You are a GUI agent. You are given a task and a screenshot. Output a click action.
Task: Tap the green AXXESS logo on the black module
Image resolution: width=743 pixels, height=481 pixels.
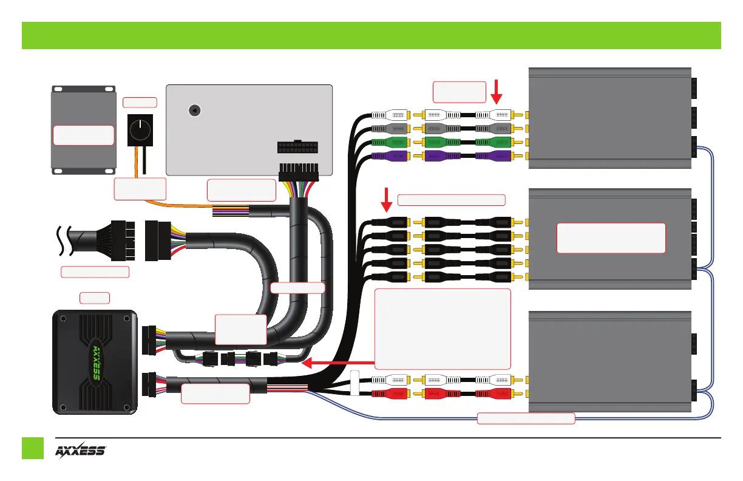[97, 363]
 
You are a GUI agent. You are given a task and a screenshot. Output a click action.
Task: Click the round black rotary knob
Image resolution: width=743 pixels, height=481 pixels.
[140, 129]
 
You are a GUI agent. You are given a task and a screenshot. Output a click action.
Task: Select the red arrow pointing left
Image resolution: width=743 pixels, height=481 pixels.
[338, 363]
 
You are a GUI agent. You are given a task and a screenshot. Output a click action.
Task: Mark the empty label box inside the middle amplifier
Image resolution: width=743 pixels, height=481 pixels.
[611, 237]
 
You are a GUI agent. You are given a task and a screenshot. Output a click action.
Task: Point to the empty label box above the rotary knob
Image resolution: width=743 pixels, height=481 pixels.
[140, 103]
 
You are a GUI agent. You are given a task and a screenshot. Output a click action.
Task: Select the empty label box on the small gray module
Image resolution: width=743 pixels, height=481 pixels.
[84, 135]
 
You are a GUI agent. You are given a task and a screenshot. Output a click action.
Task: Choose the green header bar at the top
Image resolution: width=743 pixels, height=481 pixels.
[371, 35]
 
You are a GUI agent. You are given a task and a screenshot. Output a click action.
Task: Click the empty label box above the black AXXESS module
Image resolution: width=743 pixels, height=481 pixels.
[95, 298]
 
